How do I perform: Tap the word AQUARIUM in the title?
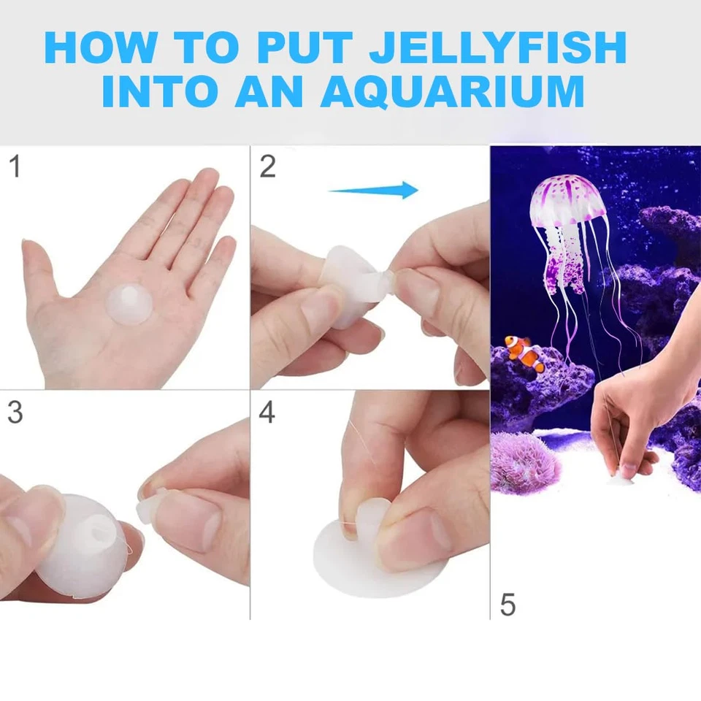pyautogui.click(x=452, y=93)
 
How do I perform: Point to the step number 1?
pyautogui.click(x=14, y=167)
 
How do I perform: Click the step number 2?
pyautogui.click(x=267, y=167)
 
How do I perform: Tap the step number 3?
pyautogui.click(x=14, y=413)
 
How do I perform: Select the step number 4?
pyautogui.click(x=267, y=413)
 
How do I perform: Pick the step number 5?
pyautogui.click(x=508, y=605)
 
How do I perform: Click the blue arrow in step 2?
pyautogui.click(x=374, y=191)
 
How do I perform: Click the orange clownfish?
pyautogui.click(x=526, y=354)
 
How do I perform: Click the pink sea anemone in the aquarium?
pyautogui.click(x=526, y=461)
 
